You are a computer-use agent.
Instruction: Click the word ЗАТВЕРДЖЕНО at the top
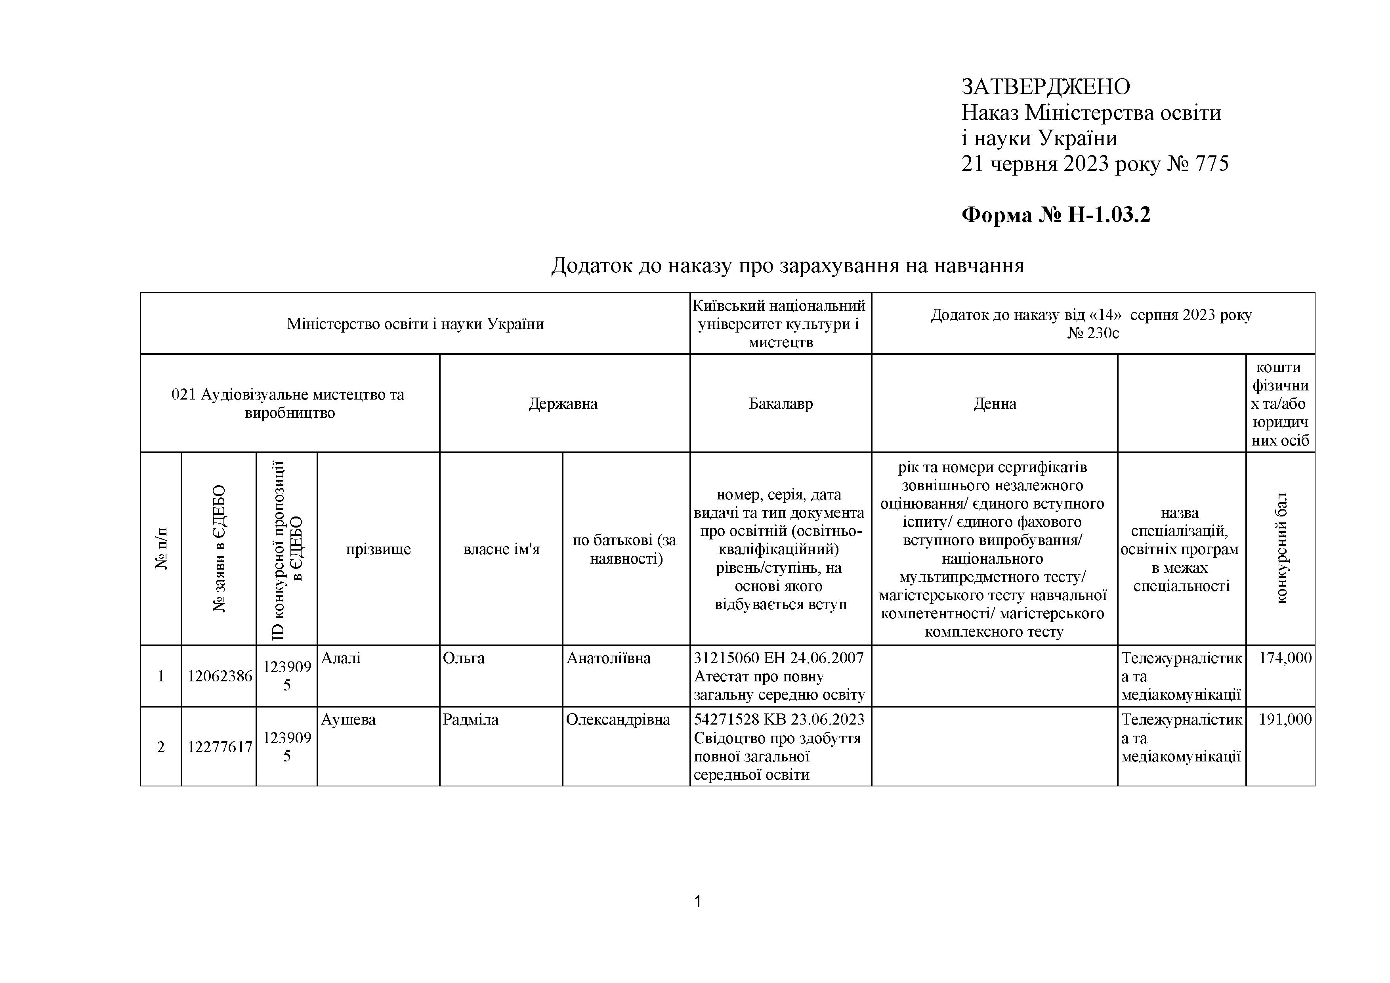(x=1046, y=87)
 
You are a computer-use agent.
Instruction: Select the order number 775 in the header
(x=1211, y=164)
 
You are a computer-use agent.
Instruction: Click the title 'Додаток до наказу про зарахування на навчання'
(x=787, y=265)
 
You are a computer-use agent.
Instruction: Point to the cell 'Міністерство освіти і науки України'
(x=415, y=324)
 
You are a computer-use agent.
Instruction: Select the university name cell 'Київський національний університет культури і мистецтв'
(x=780, y=324)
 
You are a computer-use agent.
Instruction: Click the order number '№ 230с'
(x=1093, y=333)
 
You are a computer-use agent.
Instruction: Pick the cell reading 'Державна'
(x=563, y=404)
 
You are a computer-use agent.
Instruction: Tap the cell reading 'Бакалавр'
(x=780, y=404)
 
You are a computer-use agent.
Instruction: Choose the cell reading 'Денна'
(x=994, y=404)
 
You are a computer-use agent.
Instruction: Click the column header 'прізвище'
(x=378, y=549)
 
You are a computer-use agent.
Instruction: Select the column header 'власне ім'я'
(x=501, y=549)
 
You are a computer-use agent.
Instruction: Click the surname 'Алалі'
(x=341, y=658)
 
